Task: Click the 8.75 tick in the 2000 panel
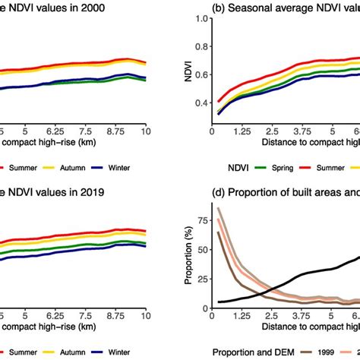coord(116,129)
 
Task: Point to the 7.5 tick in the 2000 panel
coord(86,129)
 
